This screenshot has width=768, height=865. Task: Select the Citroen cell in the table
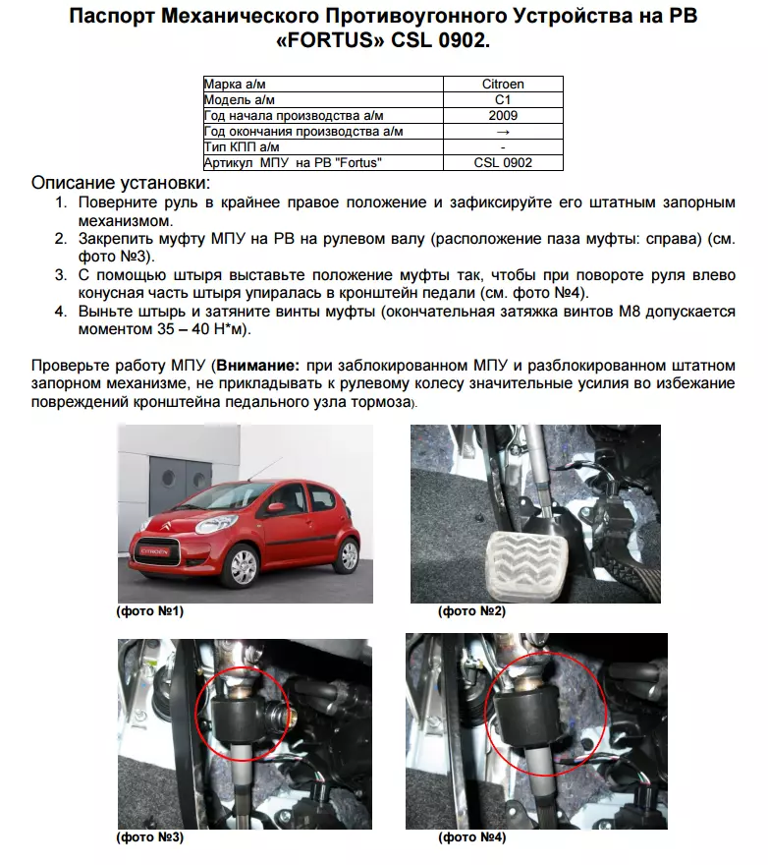point(502,85)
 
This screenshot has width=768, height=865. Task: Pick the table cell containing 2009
point(502,115)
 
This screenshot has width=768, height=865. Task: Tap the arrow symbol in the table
point(502,131)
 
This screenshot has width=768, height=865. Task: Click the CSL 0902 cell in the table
point(502,162)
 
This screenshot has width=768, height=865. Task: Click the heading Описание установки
point(121,184)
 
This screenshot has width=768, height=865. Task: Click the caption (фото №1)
point(149,611)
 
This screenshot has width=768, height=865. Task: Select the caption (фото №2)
point(471,611)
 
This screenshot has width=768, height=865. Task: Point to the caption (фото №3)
point(149,838)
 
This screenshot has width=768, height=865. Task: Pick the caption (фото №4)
point(472,838)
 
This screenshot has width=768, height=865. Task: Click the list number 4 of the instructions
point(59,312)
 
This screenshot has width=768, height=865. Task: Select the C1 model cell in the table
point(502,99)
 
